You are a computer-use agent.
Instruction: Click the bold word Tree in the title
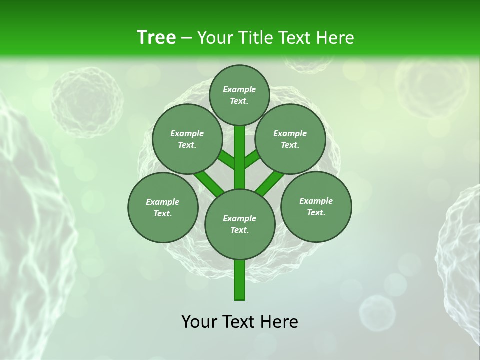(156, 38)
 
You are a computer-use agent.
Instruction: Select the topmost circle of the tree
(239, 95)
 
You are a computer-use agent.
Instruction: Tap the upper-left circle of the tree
(187, 139)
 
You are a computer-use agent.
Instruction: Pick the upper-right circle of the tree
(290, 139)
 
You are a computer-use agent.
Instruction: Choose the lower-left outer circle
(163, 207)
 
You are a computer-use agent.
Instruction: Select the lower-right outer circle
(316, 206)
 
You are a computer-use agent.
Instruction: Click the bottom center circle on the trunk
(240, 224)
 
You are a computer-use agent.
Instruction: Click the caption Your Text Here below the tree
(240, 322)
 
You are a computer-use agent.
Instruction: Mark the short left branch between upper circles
(227, 160)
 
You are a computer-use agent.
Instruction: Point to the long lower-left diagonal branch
(209, 183)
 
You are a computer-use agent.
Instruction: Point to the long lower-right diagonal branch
(270, 183)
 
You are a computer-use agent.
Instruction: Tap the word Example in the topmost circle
(239, 89)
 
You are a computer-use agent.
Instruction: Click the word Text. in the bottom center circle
(239, 230)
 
